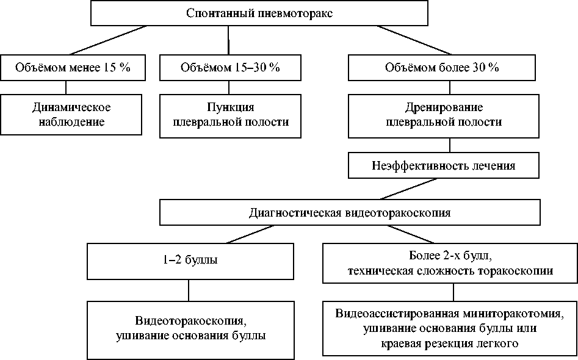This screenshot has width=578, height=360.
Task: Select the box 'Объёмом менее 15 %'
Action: click(73, 68)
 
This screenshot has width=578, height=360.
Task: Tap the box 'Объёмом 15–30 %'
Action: click(229, 68)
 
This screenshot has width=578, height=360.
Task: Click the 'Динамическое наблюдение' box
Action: click(71, 114)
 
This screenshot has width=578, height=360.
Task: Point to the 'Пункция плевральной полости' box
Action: click(229, 114)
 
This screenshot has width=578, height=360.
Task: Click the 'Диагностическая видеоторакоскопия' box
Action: click(350, 213)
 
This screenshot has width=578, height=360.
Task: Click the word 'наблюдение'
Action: click(71, 121)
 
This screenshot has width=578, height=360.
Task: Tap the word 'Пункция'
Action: click(229, 107)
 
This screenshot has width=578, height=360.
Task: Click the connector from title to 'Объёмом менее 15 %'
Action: click(110, 40)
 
